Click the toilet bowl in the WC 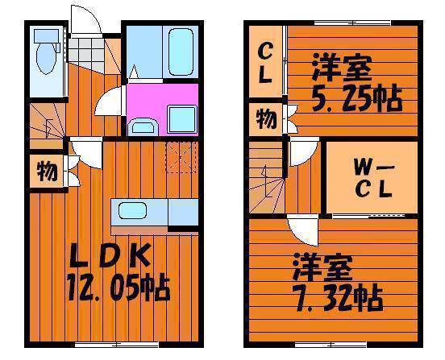46,58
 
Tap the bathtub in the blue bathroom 181,52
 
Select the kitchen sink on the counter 132,211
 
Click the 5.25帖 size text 357,98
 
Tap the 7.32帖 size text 337,298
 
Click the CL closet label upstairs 265,64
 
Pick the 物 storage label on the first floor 48,172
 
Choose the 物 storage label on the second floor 266,119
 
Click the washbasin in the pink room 143,126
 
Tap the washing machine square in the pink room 182,119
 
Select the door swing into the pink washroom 109,101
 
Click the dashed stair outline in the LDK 181,157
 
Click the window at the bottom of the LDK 116,345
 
